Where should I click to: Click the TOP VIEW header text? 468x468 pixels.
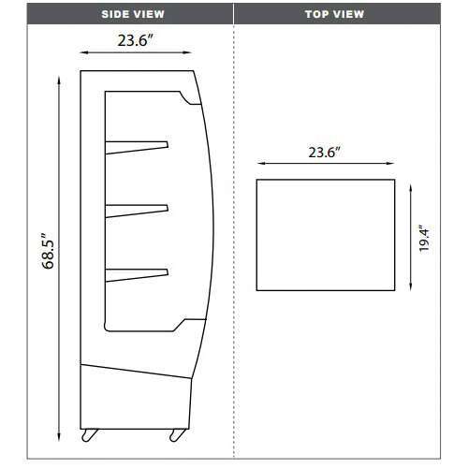(x=336, y=15)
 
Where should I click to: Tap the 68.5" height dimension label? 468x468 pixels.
(x=48, y=253)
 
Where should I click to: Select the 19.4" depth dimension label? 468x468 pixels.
(x=424, y=239)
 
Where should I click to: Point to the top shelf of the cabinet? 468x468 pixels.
(x=136, y=145)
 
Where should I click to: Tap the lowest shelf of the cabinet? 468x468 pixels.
(x=136, y=273)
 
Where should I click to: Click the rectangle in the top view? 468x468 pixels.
(x=325, y=235)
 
